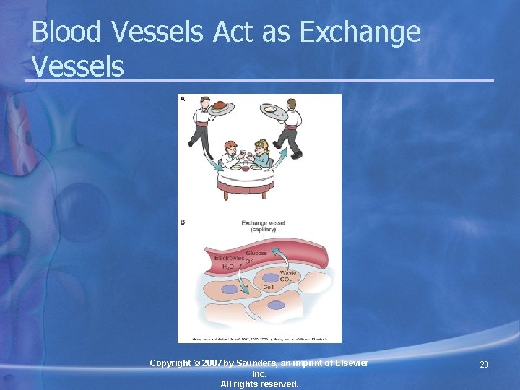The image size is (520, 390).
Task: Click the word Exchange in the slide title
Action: coord(359,32)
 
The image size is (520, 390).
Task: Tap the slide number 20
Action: coord(484,365)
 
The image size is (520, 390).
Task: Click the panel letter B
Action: coord(182,222)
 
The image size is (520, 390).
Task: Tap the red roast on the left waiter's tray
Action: coord(219,105)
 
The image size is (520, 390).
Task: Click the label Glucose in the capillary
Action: coord(256,253)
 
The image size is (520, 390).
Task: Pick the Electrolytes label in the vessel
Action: coord(229,258)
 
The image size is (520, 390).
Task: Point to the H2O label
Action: coord(227,267)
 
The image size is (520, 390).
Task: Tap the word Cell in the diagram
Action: coord(268,287)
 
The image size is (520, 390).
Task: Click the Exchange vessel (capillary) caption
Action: coord(264,227)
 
